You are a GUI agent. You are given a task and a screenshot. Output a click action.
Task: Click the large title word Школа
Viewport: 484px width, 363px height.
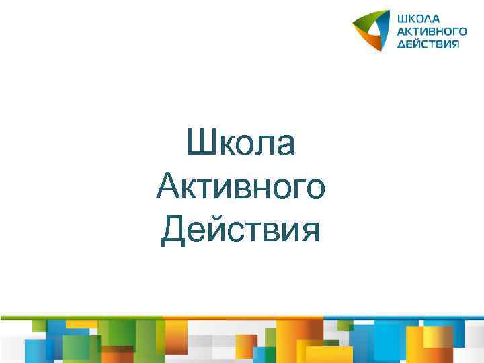241,143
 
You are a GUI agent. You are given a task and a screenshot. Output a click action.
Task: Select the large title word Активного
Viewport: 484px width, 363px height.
241,187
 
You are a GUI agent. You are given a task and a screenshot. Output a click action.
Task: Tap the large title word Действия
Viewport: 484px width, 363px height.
241,231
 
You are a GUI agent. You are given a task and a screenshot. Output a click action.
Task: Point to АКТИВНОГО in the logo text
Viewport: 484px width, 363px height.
431,31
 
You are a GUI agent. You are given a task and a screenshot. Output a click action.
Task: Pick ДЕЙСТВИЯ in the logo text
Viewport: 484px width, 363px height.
428,44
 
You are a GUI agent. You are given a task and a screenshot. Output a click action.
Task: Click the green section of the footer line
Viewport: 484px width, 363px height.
81,317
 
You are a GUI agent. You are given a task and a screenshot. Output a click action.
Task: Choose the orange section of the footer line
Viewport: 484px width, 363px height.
242,317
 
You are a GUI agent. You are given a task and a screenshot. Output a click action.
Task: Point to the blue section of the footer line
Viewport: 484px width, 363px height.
403,317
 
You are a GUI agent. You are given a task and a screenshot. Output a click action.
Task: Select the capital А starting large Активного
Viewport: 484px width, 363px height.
168,187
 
